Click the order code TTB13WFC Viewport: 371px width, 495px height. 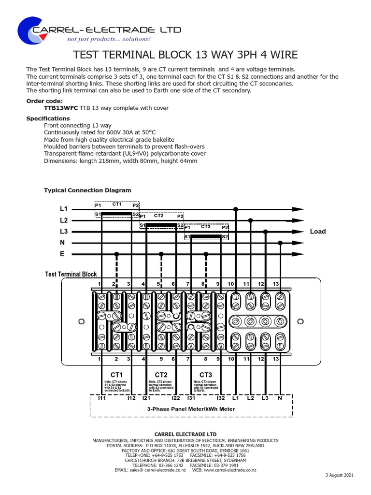(x=61, y=108)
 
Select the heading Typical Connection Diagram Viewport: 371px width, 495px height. (x=87, y=190)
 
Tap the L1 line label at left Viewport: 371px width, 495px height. (x=64, y=209)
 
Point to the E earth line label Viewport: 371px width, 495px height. (x=62, y=254)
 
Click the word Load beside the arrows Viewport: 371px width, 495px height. (x=318, y=232)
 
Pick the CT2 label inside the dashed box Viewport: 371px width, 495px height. (x=158, y=216)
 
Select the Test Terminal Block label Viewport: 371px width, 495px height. (x=71, y=274)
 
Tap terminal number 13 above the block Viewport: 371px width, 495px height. (x=276, y=283)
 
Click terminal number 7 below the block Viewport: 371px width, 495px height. (x=188, y=359)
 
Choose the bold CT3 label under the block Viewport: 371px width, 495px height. (x=206, y=375)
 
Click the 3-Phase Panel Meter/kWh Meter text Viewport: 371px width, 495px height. (x=191, y=409)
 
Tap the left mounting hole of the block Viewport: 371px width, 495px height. (x=82, y=321)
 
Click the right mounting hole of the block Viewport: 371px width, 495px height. (x=300, y=321)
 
